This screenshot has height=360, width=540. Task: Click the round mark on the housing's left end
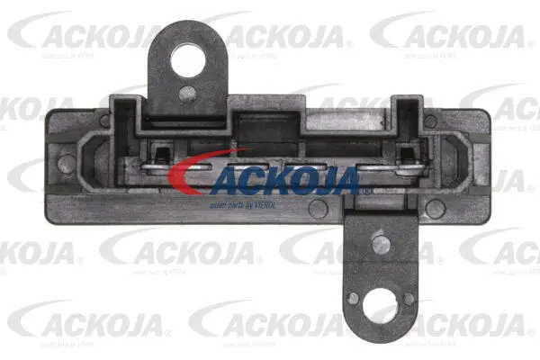[x=67, y=164]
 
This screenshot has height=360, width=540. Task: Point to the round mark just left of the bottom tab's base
[x=318, y=209]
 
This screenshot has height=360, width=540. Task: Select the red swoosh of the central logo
[x=202, y=175]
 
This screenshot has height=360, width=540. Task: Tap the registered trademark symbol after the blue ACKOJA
[x=363, y=192]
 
